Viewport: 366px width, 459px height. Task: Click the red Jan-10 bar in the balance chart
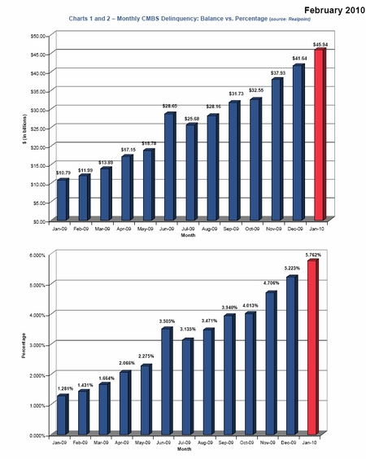319,134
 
